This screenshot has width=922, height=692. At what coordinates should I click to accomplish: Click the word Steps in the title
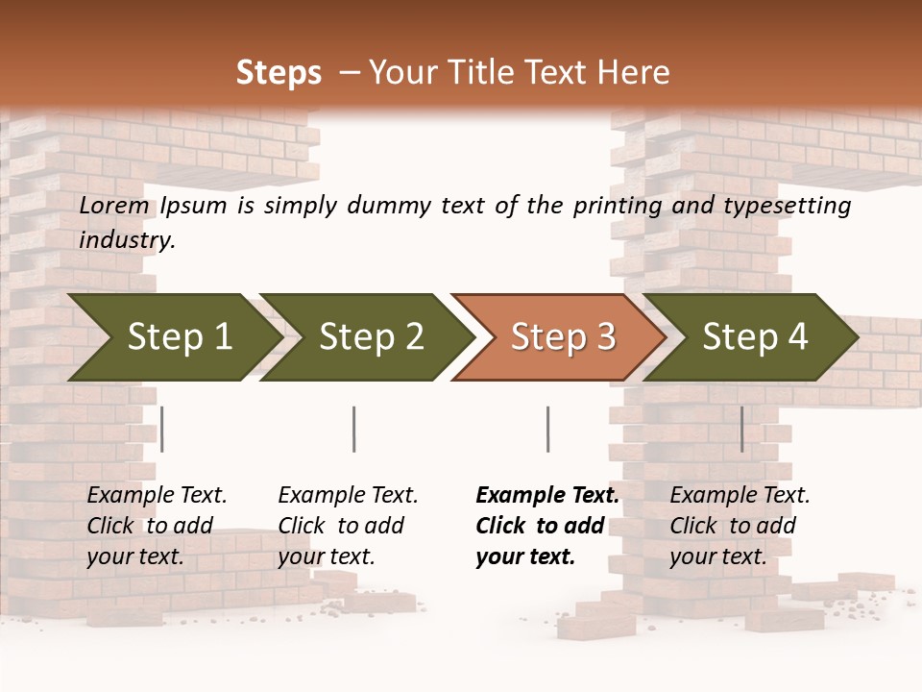click(x=279, y=73)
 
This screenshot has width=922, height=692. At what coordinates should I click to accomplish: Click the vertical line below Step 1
click(x=162, y=429)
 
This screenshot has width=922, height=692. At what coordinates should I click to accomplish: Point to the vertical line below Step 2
click(x=354, y=429)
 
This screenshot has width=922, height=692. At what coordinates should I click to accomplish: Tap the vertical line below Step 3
click(x=547, y=429)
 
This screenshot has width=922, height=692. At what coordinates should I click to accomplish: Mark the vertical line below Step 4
click(x=741, y=429)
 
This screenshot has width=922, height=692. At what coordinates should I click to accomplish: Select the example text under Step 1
click(x=157, y=526)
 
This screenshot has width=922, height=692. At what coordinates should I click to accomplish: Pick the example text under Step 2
click(x=348, y=526)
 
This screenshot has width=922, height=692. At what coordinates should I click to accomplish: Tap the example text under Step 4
click(x=740, y=526)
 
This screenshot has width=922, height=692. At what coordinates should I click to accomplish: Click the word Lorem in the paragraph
click(x=114, y=206)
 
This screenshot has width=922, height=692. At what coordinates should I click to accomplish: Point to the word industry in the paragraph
click(x=127, y=240)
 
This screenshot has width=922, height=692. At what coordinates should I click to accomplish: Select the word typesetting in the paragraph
click(x=786, y=206)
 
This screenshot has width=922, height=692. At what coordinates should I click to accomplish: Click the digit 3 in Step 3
click(x=605, y=337)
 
